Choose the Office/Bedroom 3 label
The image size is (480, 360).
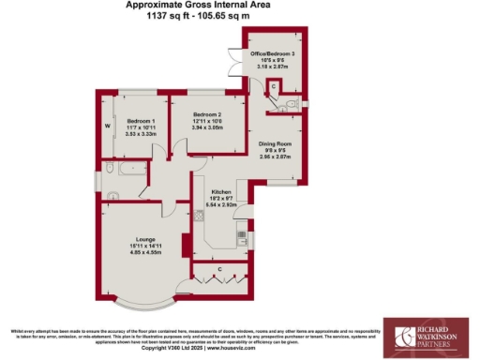278,53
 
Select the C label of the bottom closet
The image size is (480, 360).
217,270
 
